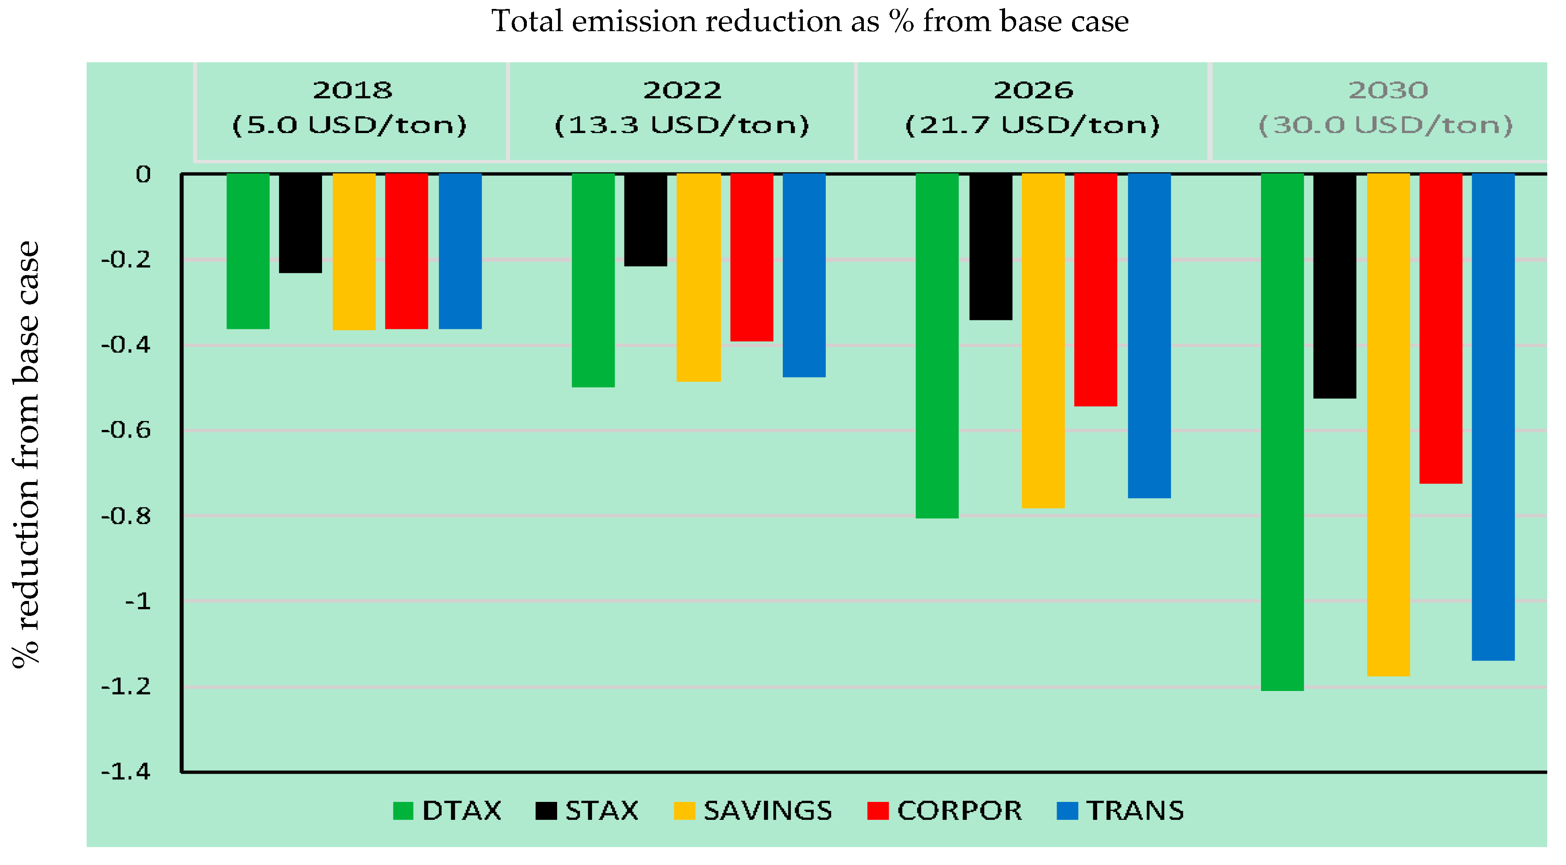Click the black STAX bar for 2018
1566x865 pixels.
click(x=300, y=223)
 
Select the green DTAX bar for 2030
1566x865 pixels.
click(x=1282, y=432)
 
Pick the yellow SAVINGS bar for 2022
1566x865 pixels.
click(x=698, y=277)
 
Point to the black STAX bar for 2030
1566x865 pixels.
click(x=1334, y=286)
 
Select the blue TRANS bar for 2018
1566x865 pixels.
click(x=460, y=251)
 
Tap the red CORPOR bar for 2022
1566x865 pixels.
click(x=751, y=257)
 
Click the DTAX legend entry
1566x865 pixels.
click(x=447, y=810)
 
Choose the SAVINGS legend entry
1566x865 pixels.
click(x=753, y=810)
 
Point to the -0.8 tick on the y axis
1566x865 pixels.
click(x=125, y=516)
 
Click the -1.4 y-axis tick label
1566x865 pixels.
click(x=125, y=772)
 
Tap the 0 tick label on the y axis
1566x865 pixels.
click(x=143, y=174)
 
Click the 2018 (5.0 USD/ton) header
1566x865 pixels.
click(x=350, y=107)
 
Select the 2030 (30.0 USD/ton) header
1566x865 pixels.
click(x=1386, y=107)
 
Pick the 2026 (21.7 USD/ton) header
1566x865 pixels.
click(x=1032, y=107)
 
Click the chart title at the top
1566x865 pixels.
click(x=809, y=21)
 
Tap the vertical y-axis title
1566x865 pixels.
click(x=26, y=455)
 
